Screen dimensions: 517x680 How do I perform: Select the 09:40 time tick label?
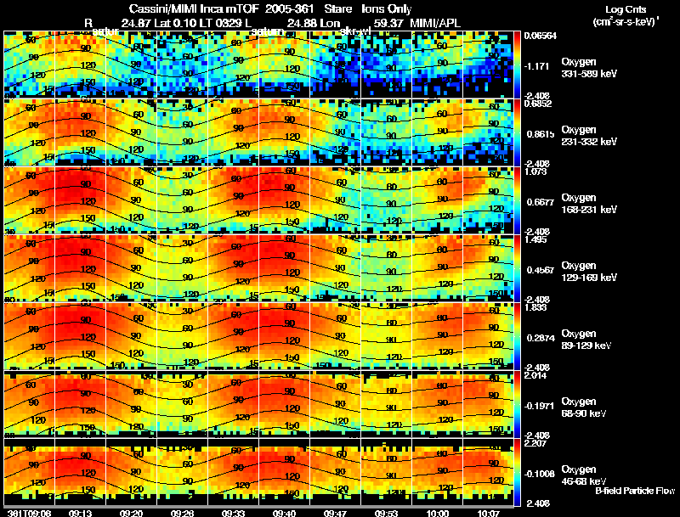pos(285,512)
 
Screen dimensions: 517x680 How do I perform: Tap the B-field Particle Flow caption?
pos(634,491)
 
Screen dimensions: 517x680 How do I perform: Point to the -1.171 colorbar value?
pos(533,65)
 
